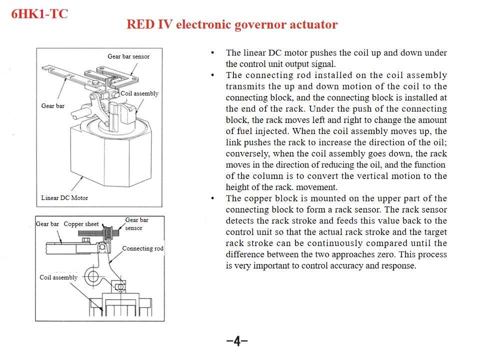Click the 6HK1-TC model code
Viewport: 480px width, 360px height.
coord(39,13)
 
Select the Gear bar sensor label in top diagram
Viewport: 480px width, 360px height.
coord(128,56)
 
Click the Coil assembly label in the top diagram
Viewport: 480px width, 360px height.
coord(139,93)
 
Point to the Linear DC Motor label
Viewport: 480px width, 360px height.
coord(64,198)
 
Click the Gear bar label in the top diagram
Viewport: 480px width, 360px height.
coord(52,106)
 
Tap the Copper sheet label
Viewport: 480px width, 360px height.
coord(81,224)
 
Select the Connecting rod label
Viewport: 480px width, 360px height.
coord(142,248)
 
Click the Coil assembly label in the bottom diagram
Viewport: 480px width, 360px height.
coord(58,277)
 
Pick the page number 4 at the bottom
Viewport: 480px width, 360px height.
coord(237,341)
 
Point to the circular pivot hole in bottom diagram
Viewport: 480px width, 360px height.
coord(92,275)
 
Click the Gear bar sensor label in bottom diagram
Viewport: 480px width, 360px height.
coord(136,224)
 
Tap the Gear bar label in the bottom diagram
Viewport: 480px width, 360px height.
coord(47,224)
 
